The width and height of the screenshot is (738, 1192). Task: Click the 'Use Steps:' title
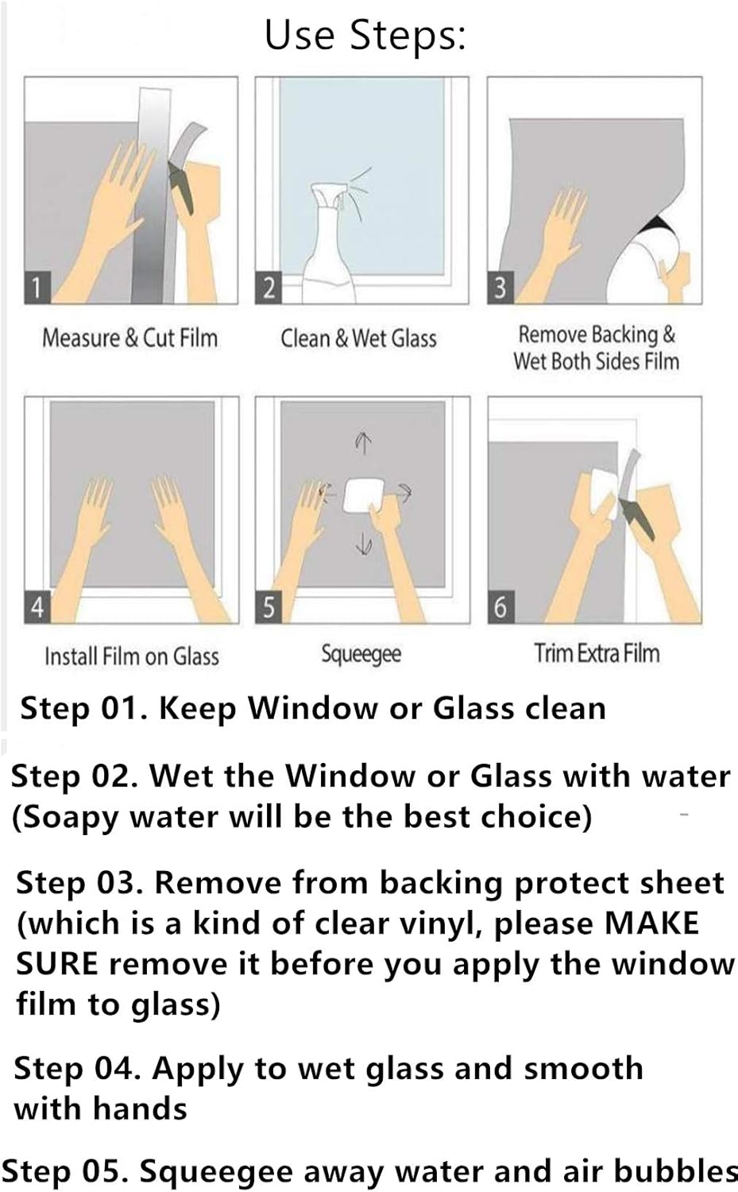[365, 36]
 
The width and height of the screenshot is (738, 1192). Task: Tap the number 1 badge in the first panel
[37, 287]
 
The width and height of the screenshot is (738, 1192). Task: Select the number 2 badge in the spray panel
[269, 287]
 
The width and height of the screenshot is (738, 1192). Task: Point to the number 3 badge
[500, 287]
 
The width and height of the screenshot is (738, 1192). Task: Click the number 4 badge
[37, 607]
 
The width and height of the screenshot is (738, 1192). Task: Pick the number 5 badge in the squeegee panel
[269, 607]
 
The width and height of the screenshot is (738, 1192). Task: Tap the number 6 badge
[500, 607]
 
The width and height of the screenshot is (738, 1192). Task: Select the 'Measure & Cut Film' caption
[129, 338]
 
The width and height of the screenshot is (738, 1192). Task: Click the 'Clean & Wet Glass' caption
[358, 338]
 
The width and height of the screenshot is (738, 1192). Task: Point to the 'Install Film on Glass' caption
[131, 656]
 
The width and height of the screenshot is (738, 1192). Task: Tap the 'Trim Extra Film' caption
[597, 653]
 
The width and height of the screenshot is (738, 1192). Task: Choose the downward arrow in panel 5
[363, 544]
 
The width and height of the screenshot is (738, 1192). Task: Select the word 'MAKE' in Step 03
[651, 923]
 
